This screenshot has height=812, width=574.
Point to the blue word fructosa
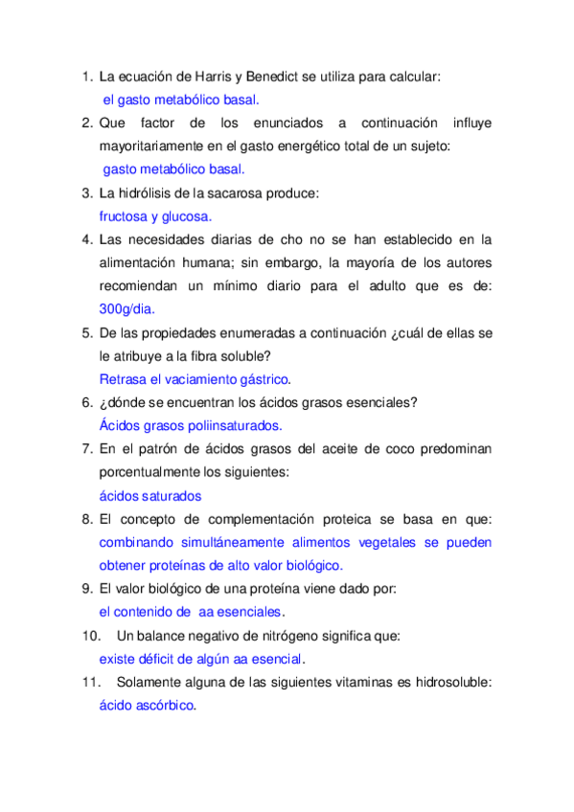[x=126, y=216]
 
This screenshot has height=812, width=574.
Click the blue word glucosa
[x=188, y=216]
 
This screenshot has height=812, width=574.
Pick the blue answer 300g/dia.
[x=126, y=308]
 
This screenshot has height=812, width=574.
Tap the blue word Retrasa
[x=123, y=378]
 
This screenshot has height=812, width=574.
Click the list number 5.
[x=86, y=332]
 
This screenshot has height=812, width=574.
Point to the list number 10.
[x=91, y=635]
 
